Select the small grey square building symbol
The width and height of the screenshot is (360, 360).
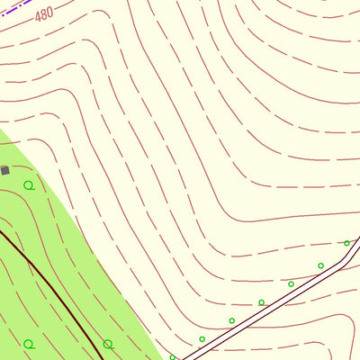(x=4, y=169)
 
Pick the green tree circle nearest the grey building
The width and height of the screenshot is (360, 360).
(x=29, y=185)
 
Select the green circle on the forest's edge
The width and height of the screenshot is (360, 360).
(x=108, y=344)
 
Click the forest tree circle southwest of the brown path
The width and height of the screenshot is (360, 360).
(x=29, y=344)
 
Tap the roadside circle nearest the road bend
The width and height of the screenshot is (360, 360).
(x=346, y=243)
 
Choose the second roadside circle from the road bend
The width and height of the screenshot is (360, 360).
(x=320, y=265)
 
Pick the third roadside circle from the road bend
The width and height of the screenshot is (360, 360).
(x=291, y=284)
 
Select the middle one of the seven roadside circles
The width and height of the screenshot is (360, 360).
(x=261, y=302)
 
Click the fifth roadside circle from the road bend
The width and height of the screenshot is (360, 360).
(x=231, y=320)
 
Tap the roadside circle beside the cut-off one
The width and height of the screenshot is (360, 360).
(x=202, y=339)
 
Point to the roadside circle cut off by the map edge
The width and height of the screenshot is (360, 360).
(x=173, y=356)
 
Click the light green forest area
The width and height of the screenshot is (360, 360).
(x=54, y=225)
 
